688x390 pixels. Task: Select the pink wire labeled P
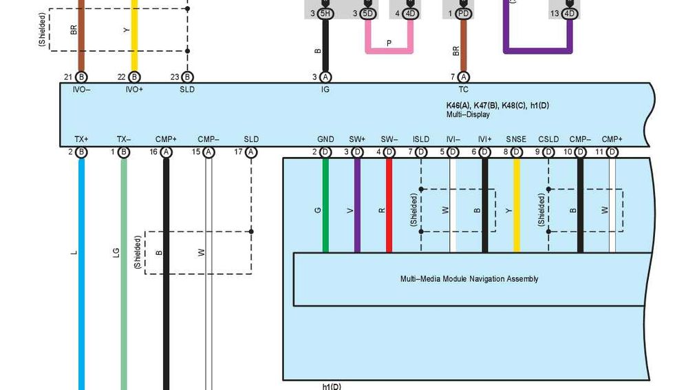(389, 50)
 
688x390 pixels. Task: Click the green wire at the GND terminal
(325, 207)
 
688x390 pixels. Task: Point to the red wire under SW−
(389, 207)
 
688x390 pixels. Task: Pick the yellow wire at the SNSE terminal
(517, 207)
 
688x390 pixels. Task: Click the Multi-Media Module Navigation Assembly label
(469, 279)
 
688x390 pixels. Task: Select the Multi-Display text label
(468, 114)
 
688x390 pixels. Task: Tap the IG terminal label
(325, 90)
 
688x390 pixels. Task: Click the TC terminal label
(464, 90)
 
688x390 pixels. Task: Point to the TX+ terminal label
(81, 139)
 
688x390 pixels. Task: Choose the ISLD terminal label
(420, 139)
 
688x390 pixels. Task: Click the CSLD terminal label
(548, 139)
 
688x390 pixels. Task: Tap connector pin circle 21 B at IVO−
(81, 77)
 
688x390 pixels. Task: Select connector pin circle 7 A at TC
(464, 77)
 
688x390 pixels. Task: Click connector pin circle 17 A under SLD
(251, 152)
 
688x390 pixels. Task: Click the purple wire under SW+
(357, 207)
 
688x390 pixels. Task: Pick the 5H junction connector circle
(325, 13)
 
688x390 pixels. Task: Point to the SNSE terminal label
(517, 139)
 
